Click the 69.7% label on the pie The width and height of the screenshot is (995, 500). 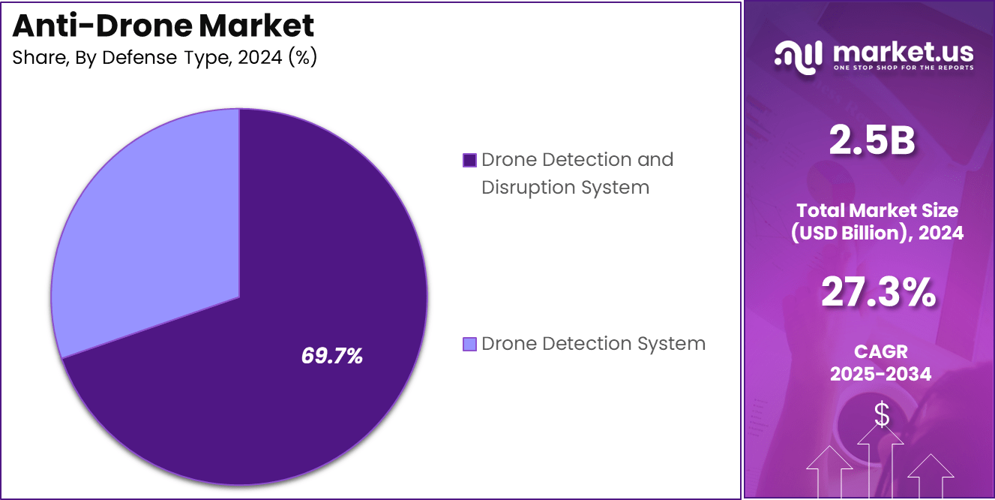332,356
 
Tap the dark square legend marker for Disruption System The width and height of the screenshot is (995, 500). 470,160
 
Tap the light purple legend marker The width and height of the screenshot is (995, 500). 470,344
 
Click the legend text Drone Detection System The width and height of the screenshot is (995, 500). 593,344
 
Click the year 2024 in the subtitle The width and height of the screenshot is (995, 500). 259,58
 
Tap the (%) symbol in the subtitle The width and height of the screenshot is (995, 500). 303,58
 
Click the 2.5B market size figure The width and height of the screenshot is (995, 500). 871,140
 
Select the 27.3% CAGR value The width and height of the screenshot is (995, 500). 878,293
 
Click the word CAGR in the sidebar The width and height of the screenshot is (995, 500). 880,351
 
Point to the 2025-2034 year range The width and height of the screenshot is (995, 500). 880,374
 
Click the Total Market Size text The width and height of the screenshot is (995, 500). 877,210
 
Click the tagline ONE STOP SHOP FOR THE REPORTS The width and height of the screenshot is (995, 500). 903,68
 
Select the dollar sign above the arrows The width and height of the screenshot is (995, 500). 882,414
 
